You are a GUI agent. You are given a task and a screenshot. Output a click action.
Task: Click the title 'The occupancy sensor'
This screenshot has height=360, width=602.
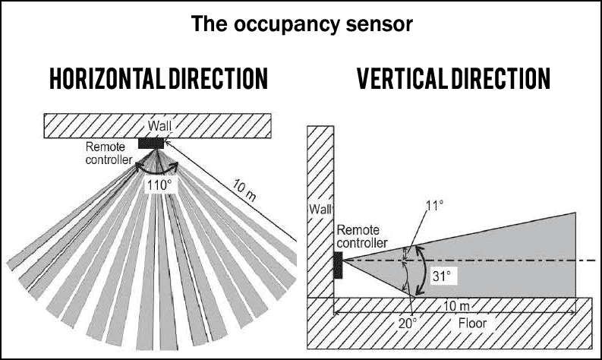[x=302, y=24]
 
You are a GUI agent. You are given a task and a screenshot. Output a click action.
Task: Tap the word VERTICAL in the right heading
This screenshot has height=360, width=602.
[x=403, y=78]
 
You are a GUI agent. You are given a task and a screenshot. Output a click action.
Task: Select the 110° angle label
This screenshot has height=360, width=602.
[x=158, y=185]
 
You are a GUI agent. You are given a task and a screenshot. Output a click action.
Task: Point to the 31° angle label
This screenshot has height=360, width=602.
[x=442, y=276]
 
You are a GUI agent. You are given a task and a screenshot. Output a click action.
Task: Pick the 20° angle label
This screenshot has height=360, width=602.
[x=407, y=324]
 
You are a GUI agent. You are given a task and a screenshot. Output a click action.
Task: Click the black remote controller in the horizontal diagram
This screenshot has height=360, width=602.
[x=151, y=144]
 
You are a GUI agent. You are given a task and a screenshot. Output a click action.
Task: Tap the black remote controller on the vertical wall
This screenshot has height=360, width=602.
[x=338, y=265]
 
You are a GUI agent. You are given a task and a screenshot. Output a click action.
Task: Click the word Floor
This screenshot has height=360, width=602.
[x=472, y=323]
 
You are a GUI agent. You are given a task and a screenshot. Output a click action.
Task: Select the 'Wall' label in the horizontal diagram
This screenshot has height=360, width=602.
[x=159, y=125]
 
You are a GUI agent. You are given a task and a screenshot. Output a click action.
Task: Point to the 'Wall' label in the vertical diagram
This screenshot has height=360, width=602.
[x=320, y=210]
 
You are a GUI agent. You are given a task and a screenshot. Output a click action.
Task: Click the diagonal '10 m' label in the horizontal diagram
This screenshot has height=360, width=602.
[x=244, y=191]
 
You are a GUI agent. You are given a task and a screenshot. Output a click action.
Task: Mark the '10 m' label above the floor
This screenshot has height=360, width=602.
[x=456, y=306]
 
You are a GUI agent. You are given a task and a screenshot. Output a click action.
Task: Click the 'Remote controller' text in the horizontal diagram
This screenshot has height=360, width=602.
[x=109, y=153]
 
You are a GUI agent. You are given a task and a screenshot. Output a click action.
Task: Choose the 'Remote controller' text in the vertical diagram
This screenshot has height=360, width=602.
[x=362, y=236]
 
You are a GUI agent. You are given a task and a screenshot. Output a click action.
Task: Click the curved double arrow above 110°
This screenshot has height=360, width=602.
[x=157, y=169]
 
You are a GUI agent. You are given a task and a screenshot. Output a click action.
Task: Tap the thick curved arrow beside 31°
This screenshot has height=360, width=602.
[x=422, y=270]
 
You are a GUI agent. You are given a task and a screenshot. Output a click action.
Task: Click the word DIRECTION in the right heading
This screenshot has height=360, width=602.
[x=501, y=78]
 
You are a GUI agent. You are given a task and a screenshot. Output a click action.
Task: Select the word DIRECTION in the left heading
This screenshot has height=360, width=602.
[x=219, y=79]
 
